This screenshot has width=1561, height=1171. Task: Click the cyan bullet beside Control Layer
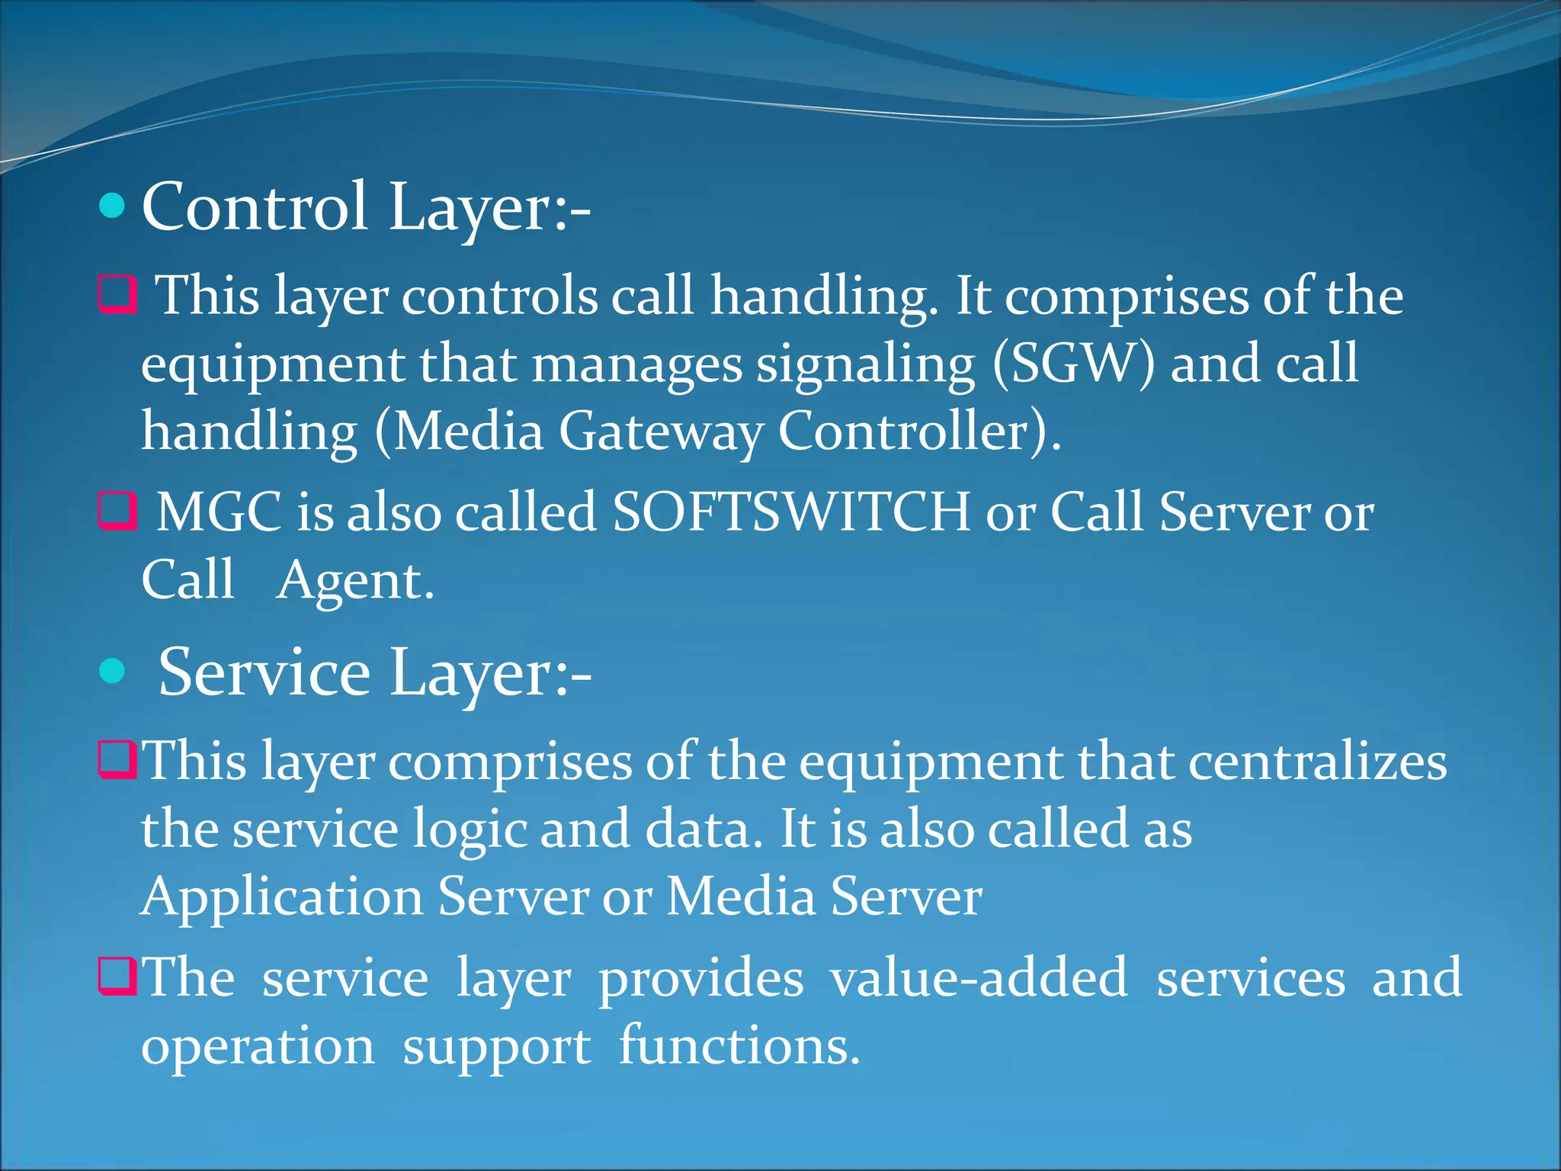pos(112,206)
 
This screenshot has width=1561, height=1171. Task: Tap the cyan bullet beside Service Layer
pos(112,671)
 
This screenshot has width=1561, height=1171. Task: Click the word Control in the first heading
pos(255,207)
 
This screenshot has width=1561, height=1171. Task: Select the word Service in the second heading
pos(264,672)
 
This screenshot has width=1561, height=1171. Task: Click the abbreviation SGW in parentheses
pos(1073,364)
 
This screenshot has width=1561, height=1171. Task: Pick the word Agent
pos(354,581)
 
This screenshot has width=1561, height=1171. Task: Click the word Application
pos(282,897)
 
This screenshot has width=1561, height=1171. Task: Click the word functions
pos(739,1046)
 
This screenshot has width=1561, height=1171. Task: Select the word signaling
pos(865,365)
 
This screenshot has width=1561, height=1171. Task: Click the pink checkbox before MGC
pos(117,511)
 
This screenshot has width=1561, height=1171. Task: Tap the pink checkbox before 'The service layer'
pos(117,977)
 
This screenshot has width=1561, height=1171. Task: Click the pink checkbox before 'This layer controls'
pos(117,295)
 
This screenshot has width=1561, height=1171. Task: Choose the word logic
pos(469,830)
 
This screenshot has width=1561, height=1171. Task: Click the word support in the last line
pos(496,1047)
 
